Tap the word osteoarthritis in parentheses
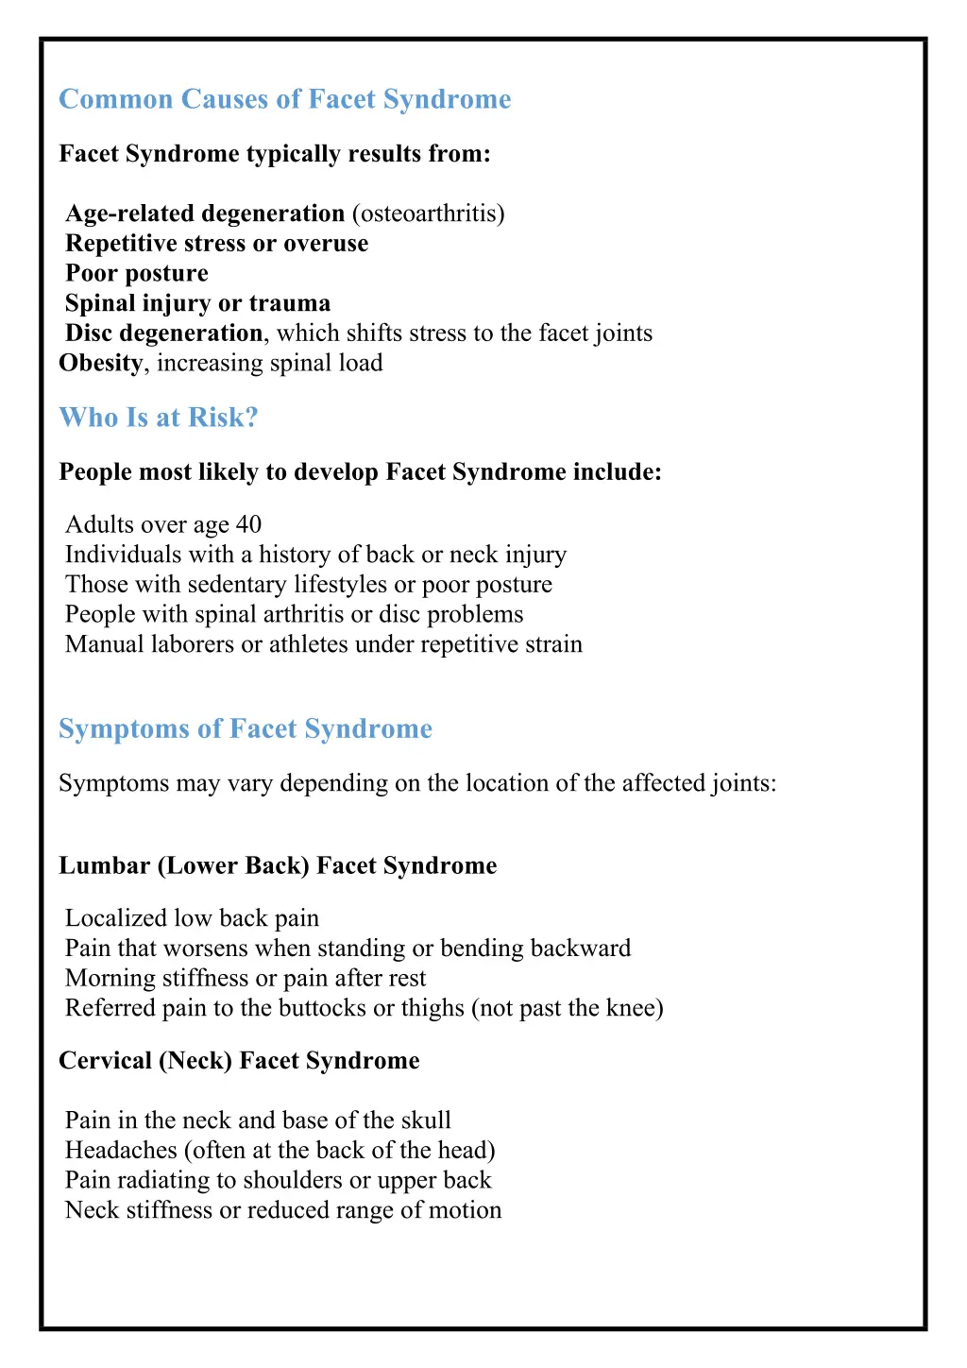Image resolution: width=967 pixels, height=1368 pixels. [428, 214]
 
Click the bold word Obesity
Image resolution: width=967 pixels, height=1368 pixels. [100, 363]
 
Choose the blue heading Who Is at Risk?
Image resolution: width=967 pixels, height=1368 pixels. [158, 418]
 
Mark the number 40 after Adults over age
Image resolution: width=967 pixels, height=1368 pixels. [248, 524]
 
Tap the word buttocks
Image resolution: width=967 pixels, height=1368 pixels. [322, 1008]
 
